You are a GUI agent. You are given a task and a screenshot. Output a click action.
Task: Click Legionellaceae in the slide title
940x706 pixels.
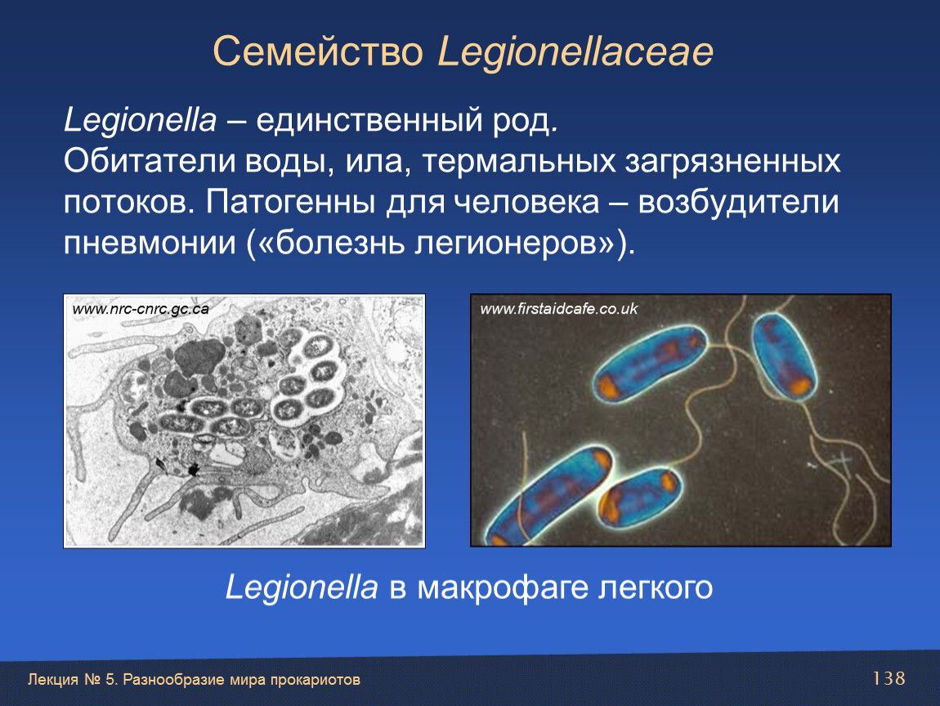coord(575,53)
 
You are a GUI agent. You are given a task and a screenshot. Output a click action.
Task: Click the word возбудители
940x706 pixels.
coord(738,202)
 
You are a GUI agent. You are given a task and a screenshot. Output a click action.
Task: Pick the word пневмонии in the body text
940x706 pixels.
coord(150,244)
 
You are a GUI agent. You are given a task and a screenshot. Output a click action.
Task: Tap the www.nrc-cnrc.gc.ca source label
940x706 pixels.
coord(141,309)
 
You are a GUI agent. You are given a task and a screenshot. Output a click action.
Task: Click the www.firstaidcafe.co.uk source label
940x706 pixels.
coord(559,309)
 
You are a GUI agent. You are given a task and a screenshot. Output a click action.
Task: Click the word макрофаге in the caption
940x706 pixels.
coord(503,588)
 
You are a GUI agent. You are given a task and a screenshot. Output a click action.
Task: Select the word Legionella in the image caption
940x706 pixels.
coord(302,588)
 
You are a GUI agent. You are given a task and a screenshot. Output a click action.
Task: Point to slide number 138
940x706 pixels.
coord(889,678)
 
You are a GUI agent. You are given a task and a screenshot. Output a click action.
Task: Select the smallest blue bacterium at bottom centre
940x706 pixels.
coord(639,497)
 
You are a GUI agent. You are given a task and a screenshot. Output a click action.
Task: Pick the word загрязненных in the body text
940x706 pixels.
coord(732,162)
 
